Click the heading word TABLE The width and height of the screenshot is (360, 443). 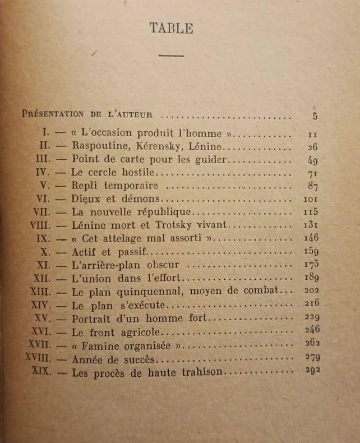point(171,29)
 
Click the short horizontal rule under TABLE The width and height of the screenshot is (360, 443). point(171,56)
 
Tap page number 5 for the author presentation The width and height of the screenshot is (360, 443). point(315,116)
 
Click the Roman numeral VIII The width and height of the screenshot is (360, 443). point(43,225)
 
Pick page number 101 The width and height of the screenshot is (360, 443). point(311,199)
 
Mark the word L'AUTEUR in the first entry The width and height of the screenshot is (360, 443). point(131,114)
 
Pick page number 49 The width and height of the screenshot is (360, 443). point(313,160)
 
